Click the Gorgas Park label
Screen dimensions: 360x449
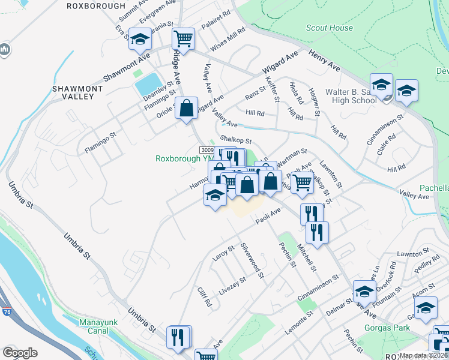pos(387,328)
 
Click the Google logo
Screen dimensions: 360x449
pos(20,352)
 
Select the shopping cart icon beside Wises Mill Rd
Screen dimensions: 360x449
pos(183,39)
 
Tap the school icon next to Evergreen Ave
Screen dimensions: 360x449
pos(140,40)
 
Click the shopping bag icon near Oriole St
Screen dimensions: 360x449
pos(187,109)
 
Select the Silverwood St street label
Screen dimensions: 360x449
pos(252,260)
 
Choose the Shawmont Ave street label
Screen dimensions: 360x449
pos(126,69)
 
